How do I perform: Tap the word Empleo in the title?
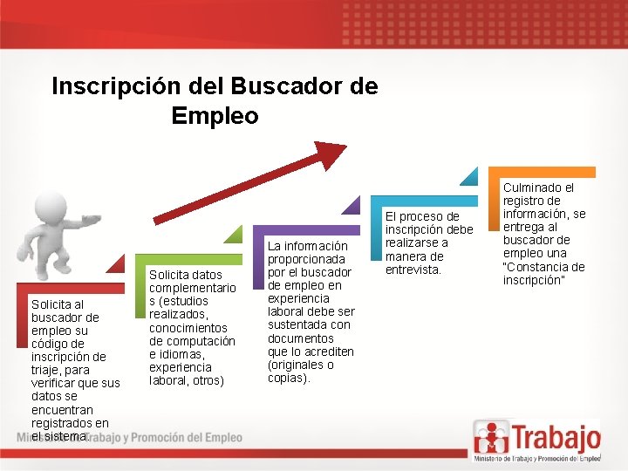pyautogui.click(x=215, y=115)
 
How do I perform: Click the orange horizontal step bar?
pyautogui.click(x=541, y=173)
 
